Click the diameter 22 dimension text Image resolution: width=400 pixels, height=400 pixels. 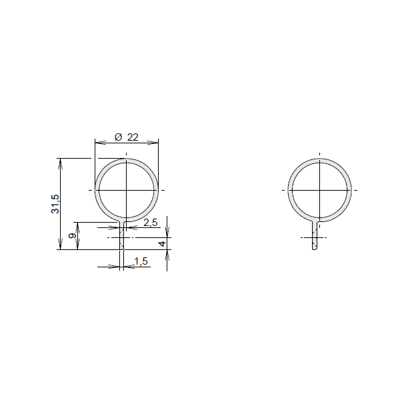(x=127, y=137)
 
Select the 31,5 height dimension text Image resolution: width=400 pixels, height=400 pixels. (x=55, y=204)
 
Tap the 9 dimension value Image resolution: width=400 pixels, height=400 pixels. (x=73, y=236)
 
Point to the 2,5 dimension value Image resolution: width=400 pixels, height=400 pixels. (x=151, y=223)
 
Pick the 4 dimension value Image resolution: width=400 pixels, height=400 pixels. (x=162, y=243)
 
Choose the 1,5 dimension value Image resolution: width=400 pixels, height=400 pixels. (x=141, y=261)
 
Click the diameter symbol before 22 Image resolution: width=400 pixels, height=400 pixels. (x=119, y=137)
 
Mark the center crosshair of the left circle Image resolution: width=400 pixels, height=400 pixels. (x=126, y=190)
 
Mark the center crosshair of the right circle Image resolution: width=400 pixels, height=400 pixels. (x=319, y=190)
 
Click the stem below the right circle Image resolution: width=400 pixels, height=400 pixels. (x=315, y=235)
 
